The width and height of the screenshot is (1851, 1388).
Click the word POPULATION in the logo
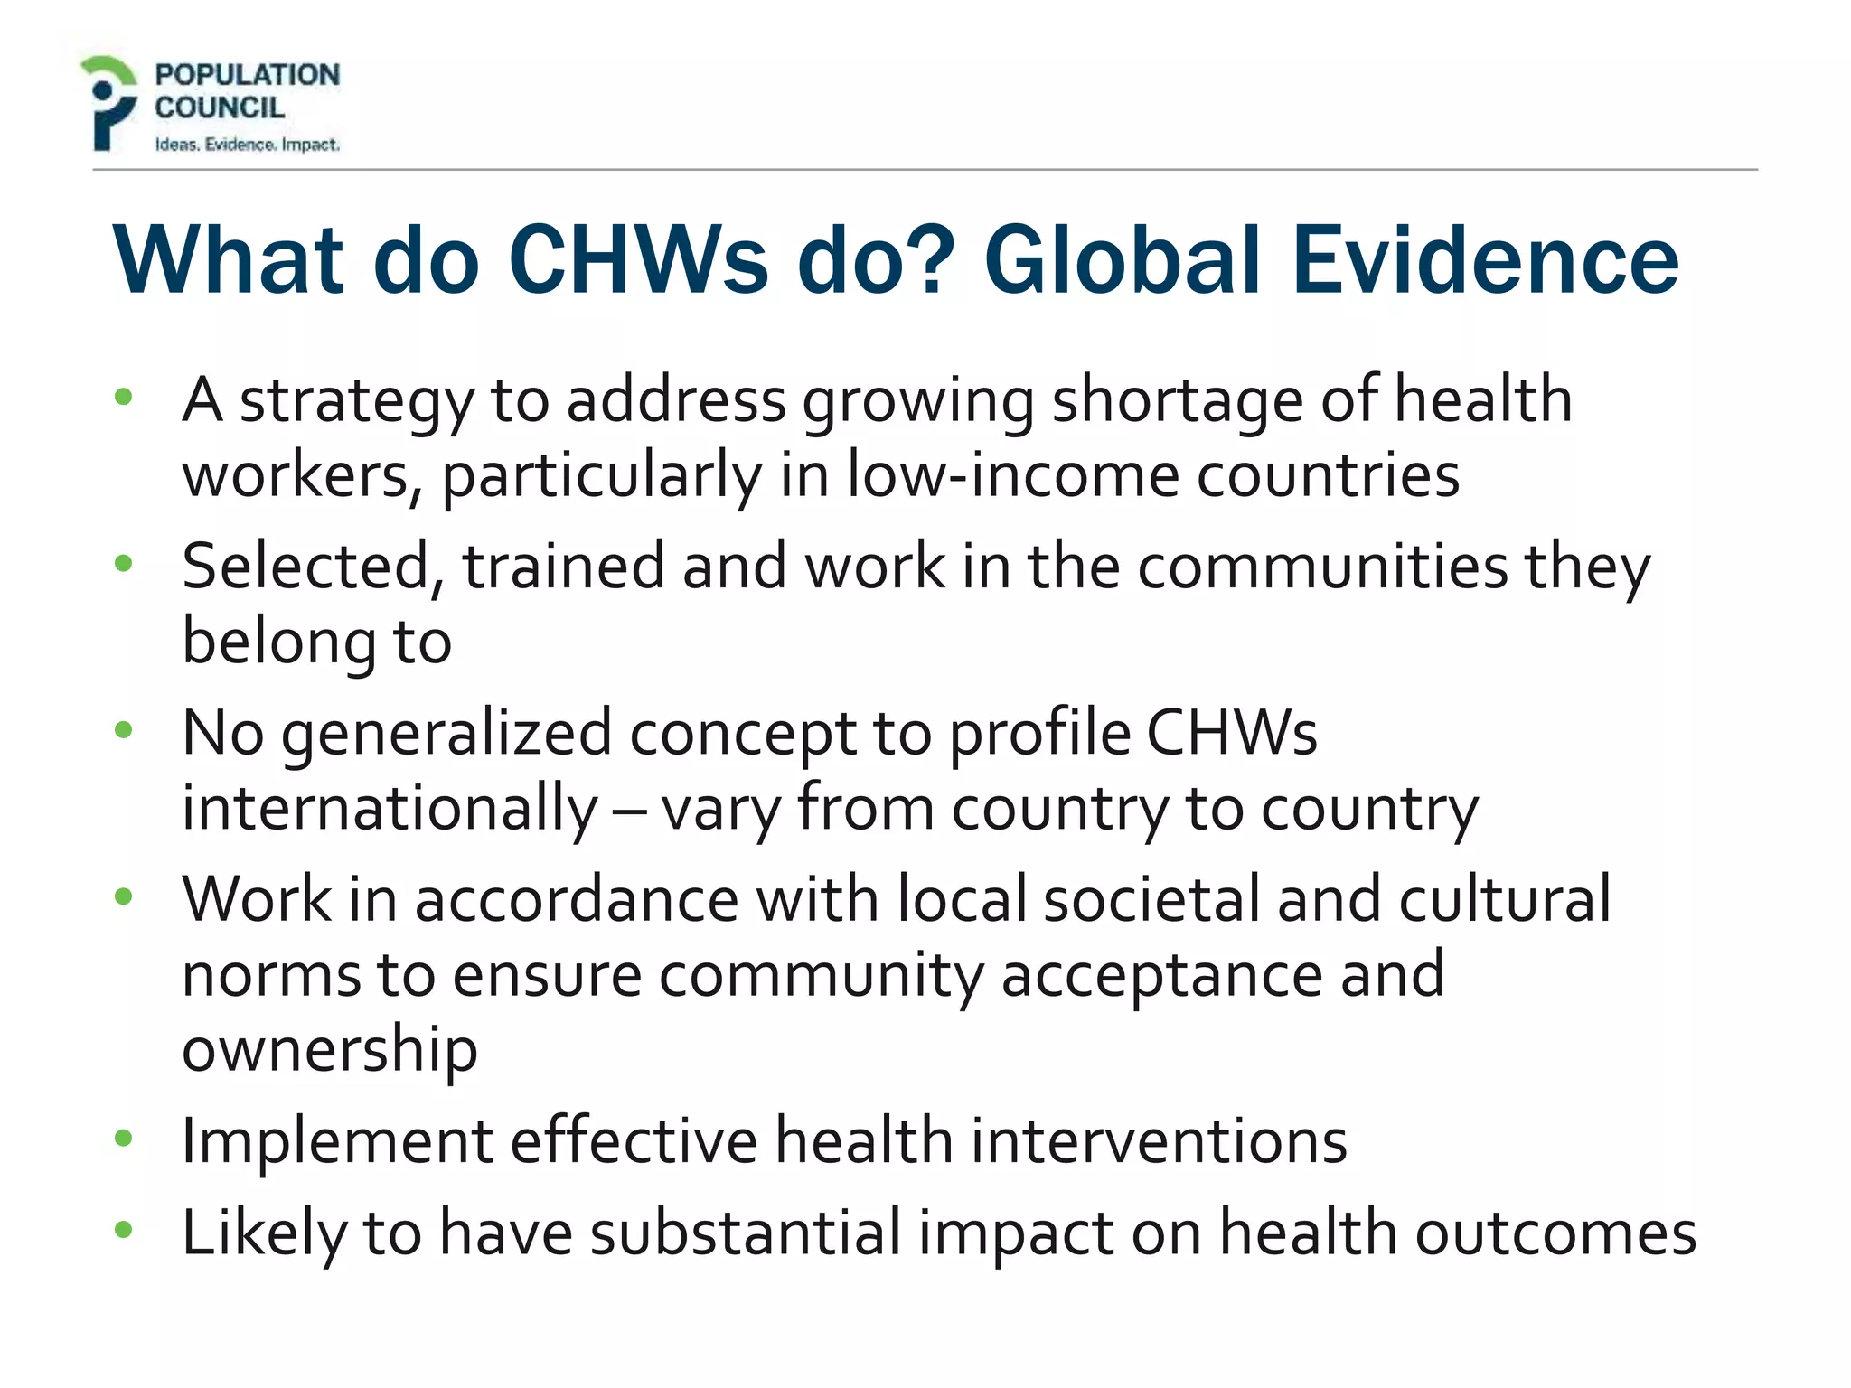coord(247,75)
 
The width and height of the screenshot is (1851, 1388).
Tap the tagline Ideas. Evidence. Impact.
coord(247,145)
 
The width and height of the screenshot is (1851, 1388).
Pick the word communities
coord(1322,567)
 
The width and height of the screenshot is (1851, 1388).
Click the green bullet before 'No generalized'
coord(124,729)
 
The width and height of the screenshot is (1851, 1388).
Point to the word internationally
coord(390,809)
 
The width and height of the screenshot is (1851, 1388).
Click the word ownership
coord(330,1051)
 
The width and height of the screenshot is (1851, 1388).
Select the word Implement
coord(337,1141)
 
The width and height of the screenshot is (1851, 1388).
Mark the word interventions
coord(1159,1141)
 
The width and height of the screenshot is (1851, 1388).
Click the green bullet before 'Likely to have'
coord(124,1230)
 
